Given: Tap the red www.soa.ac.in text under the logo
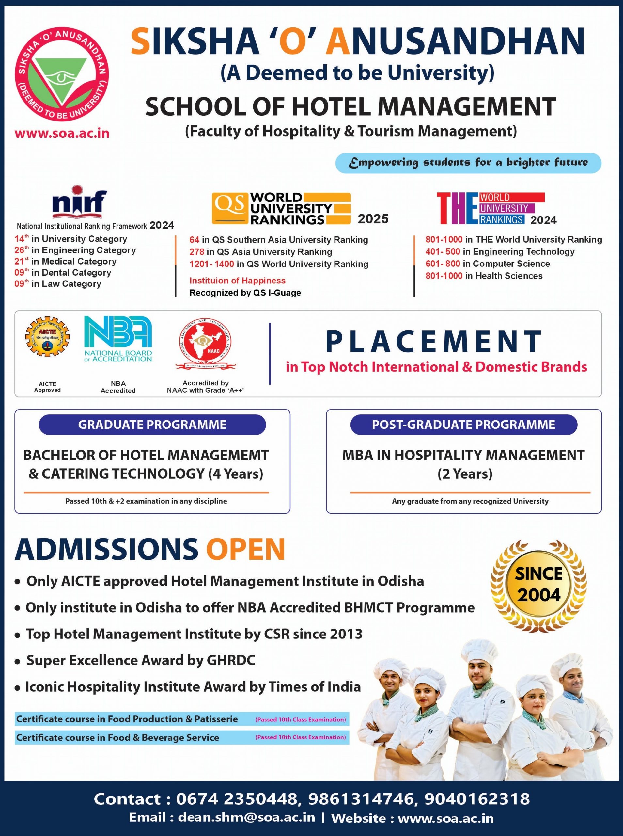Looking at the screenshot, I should [x=62, y=134].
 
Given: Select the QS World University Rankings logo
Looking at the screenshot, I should [x=281, y=208].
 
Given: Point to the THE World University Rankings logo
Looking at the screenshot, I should [x=490, y=208].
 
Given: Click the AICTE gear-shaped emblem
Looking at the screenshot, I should [x=47, y=336].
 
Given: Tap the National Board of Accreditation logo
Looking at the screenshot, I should [x=118, y=339].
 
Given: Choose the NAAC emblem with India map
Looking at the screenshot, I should [x=206, y=343].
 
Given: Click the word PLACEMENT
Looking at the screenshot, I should [x=434, y=341].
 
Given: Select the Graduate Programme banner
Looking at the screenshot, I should [x=152, y=425].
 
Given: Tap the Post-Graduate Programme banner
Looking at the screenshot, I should [x=463, y=425].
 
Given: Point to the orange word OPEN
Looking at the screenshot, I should [x=245, y=549].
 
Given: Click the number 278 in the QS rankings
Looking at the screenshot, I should [x=196, y=252].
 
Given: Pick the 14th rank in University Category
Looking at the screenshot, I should [x=22, y=239].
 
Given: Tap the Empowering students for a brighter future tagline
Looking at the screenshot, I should [x=468, y=163].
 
